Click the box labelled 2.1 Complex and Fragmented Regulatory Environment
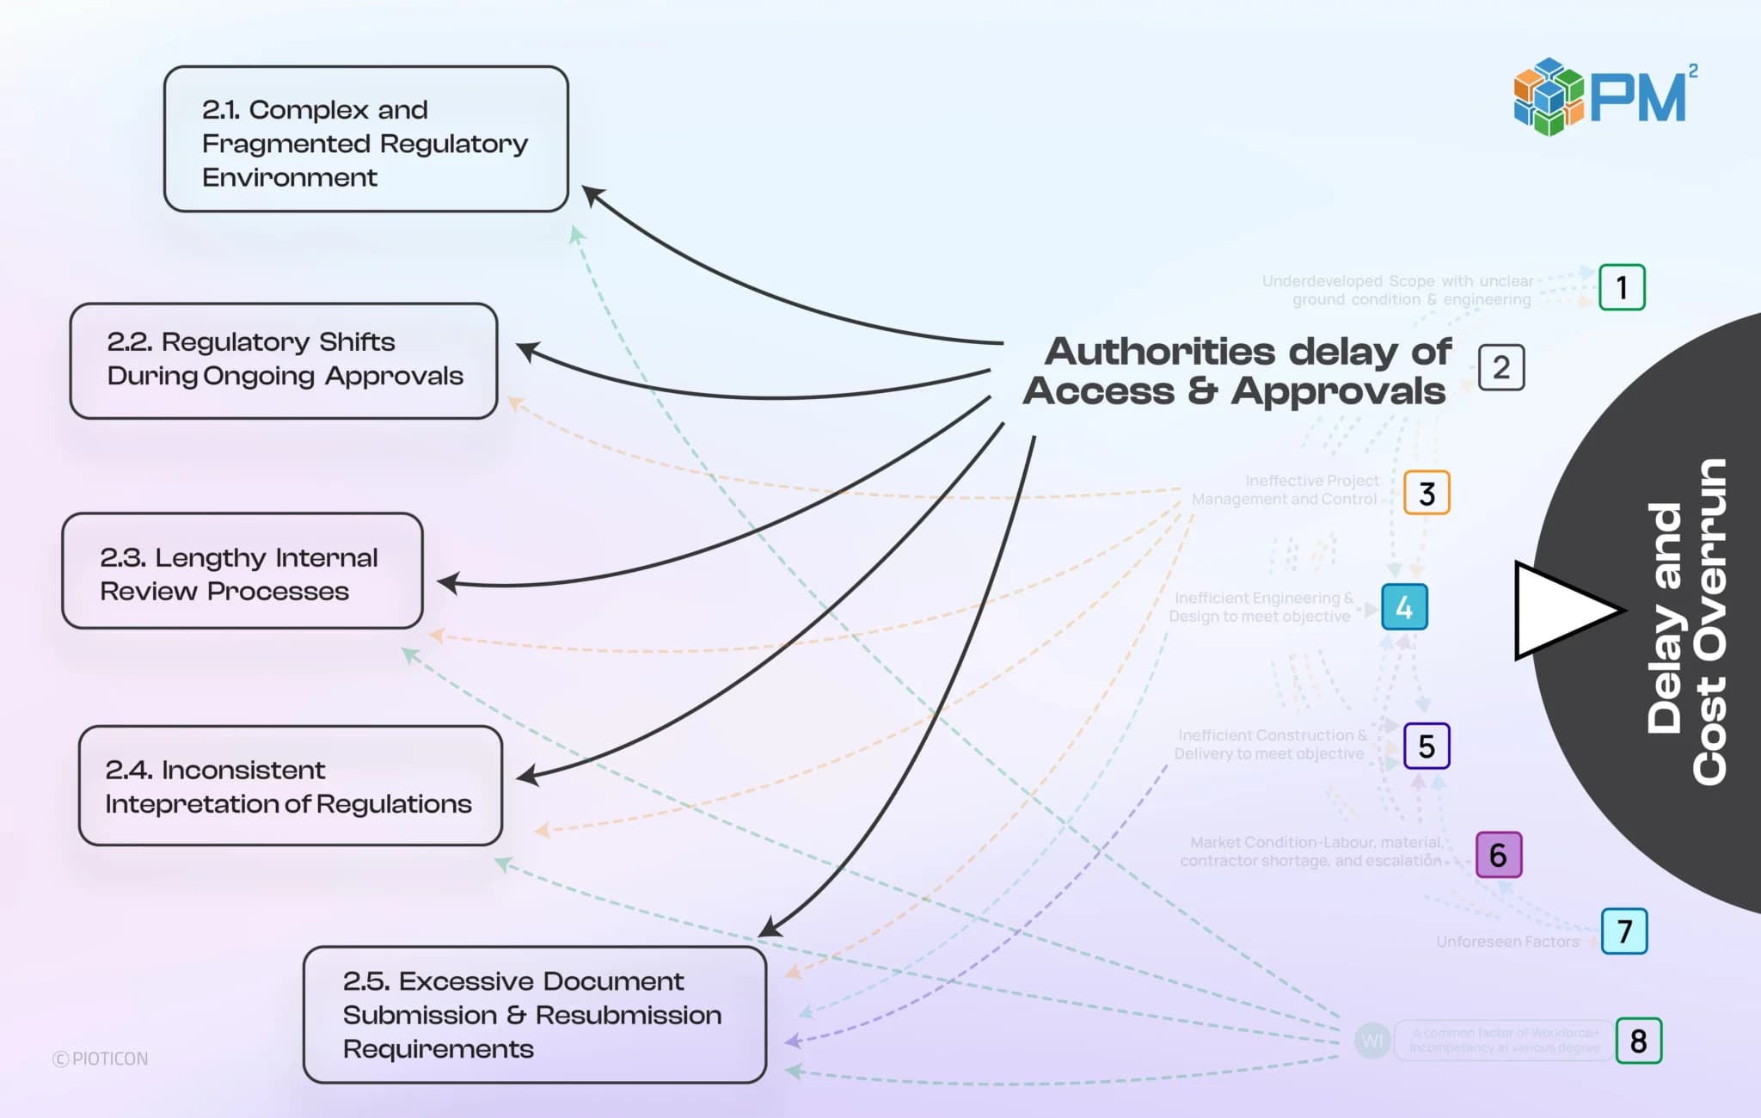(365, 139)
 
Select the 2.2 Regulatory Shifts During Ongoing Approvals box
(284, 360)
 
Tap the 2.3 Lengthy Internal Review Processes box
(242, 571)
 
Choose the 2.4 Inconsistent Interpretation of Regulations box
(290, 785)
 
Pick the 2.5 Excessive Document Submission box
(534, 1014)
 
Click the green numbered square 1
(1622, 287)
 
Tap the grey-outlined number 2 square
(1501, 368)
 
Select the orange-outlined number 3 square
(1427, 493)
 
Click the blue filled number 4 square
(1404, 607)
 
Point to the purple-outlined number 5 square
(1427, 746)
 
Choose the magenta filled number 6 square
(1499, 855)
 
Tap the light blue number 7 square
(1624, 931)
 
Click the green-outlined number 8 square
(1638, 1041)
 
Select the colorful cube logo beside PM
(1548, 97)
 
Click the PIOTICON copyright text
(101, 1059)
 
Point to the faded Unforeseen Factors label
(1507, 942)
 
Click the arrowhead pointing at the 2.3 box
(447, 583)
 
